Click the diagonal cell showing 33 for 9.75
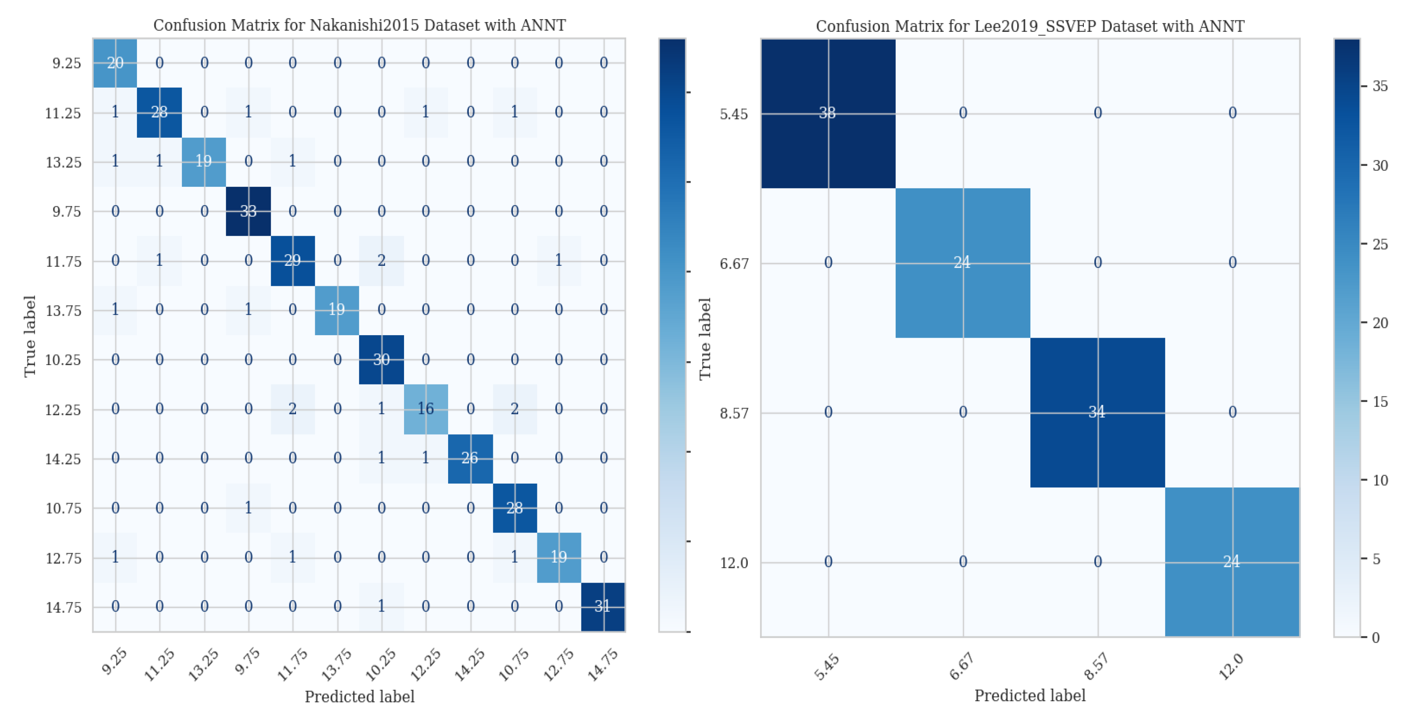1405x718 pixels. tap(248, 211)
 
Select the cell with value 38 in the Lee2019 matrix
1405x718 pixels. tap(827, 113)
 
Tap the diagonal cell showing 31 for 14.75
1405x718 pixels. tap(603, 606)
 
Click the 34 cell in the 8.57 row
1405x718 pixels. tap(1097, 412)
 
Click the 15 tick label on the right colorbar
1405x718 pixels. tap(1380, 402)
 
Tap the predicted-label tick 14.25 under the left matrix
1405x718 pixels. tap(468, 665)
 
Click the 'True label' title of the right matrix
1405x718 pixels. tap(705, 338)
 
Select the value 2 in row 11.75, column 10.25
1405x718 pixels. tap(381, 260)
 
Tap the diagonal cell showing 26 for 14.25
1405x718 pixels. tap(470, 458)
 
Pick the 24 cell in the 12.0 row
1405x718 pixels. tap(1232, 561)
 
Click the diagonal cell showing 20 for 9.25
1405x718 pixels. tap(115, 63)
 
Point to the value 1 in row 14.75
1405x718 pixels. tap(381, 606)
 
